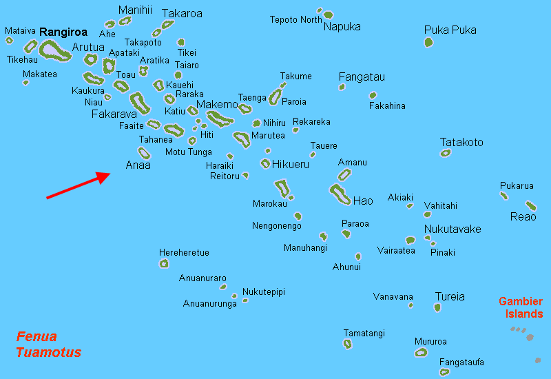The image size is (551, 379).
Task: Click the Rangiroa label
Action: coord(63,32)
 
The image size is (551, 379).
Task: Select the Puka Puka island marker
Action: coord(428,43)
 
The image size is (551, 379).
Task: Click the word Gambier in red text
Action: coord(521,302)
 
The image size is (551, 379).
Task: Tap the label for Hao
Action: coord(363,201)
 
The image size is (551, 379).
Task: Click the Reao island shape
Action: coord(530,205)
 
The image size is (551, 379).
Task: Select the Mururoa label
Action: coord(430,341)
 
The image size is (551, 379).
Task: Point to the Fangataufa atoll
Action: coord(444,372)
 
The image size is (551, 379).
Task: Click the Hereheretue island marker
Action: coord(164,263)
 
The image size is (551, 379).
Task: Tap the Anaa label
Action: coord(138,165)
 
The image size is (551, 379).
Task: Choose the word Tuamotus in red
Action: coord(48,353)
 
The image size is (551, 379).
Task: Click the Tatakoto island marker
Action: coord(446,153)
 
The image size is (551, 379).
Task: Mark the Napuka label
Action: coord(342,27)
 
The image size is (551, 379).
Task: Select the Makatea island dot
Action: coord(26,83)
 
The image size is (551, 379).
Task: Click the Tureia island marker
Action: coord(437,307)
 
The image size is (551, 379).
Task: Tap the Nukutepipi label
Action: coord(263,292)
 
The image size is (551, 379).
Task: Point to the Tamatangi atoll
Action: coord(348,343)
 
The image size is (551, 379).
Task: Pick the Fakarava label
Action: coord(114,114)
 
